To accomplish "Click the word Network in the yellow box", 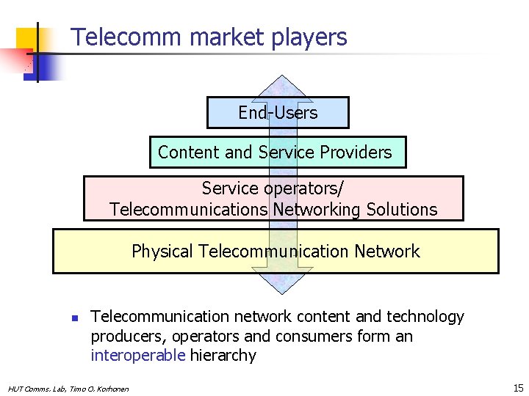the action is [386, 252].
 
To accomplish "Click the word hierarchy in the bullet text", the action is [223, 356].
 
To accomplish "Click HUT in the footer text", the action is [15, 389].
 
